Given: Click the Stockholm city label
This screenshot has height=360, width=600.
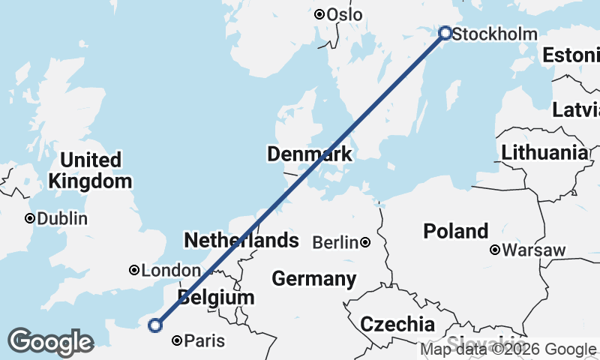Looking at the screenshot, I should click(x=496, y=34).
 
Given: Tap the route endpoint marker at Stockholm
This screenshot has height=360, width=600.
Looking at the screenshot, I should click(x=445, y=33).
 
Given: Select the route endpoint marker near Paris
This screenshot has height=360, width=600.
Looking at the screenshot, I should click(x=155, y=325).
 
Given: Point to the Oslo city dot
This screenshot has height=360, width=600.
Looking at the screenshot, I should click(x=319, y=14).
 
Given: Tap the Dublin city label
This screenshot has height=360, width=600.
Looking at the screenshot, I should click(x=62, y=219).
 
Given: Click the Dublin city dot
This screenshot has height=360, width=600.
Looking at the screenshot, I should click(x=30, y=219).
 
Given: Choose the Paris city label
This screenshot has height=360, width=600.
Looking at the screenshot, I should click(x=205, y=341).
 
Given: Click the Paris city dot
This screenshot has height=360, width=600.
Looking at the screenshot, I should click(x=177, y=341).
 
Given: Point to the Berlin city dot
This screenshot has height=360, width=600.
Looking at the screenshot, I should click(x=365, y=242).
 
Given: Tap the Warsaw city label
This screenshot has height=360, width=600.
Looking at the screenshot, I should click(x=534, y=250).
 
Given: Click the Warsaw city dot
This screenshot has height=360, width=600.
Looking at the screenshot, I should click(x=495, y=250).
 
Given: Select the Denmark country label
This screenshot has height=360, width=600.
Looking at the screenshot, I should click(x=310, y=155).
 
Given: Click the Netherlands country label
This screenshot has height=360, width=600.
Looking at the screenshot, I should click(x=241, y=241).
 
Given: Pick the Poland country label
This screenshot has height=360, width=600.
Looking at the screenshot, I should click(x=456, y=231).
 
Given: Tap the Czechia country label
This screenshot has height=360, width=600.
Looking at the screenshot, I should click(x=397, y=325).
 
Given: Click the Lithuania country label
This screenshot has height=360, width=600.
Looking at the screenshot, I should click(x=545, y=153).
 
